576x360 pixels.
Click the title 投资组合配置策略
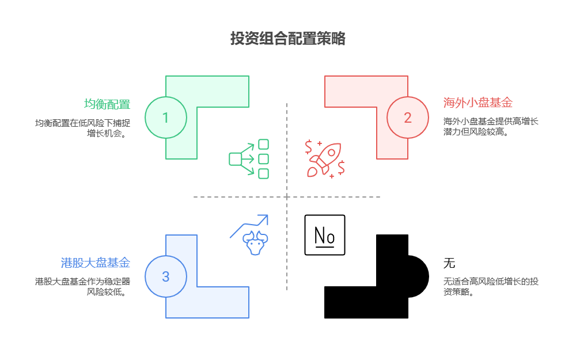pos(287,39)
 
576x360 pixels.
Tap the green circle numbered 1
pos(166,118)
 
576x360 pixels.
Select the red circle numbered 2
pos(408,118)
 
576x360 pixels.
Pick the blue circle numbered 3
pos(166,276)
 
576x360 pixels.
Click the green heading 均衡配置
pos(107,104)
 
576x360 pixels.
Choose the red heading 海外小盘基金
pos(478,103)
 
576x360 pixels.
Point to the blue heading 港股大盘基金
pos(96,263)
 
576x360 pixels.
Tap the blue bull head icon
pos(255,242)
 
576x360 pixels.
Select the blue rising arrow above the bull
pos(250,225)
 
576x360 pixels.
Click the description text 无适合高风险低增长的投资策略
pos(491,287)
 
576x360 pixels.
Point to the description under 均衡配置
pos(82,128)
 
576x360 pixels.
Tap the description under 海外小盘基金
pos(491,127)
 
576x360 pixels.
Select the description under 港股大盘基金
pos(82,287)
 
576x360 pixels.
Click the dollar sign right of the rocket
pos(342,167)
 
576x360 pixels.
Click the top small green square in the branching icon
pos(263,144)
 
